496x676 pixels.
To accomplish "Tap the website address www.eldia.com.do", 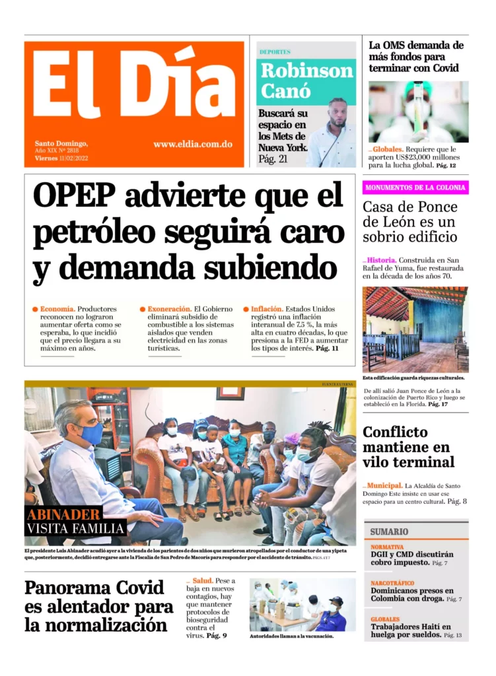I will pyautogui.click(x=192, y=144).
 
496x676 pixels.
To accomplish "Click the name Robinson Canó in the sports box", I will pyautogui.click(x=306, y=80).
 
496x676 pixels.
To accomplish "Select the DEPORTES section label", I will pyautogui.click(x=275, y=51).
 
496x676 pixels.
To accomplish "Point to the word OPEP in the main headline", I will pyautogui.click(x=74, y=195).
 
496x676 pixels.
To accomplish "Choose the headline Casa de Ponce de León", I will pyautogui.click(x=410, y=221).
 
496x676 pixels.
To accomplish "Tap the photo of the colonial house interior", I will pyautogui.click(x=415, y=329).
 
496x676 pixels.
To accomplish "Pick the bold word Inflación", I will pyautogui.click(x=267, y=309).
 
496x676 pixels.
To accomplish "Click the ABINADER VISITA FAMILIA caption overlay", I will pyautogui.click(x=76, y=521).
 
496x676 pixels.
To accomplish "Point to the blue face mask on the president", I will pyautogui.click(x=92, y=434).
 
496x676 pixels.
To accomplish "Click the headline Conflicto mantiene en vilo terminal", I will pyautogui.click(x=408, y=447).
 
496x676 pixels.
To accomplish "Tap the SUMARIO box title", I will pyautogui.click(x=389, y=531).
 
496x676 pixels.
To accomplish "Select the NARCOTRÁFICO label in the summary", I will pyautogui.click(x=392, y=583).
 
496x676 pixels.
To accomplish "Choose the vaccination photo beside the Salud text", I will pyautogui.click(x=302, y=604).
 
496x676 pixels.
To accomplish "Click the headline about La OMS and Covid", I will pyautogui.click(x=416, y=56).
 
